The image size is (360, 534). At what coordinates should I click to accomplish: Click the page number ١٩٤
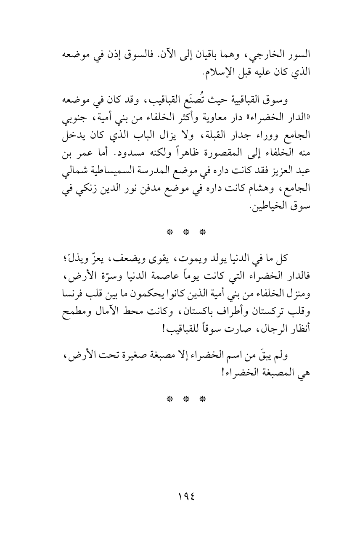180,498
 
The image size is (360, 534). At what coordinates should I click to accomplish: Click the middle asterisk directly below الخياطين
180,232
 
